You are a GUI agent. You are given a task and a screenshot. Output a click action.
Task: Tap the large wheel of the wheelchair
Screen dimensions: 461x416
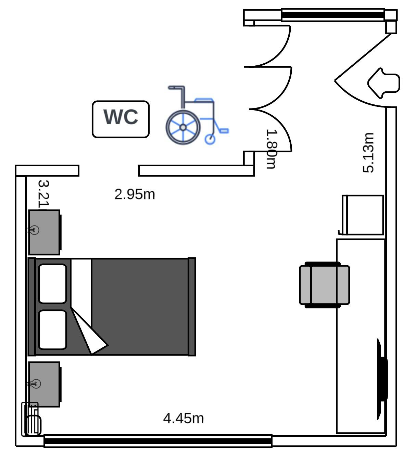[x=183, y=127]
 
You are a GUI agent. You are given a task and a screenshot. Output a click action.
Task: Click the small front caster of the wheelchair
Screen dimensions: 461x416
[x=210, y=139]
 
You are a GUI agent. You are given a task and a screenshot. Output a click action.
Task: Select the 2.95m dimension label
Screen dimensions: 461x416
[x=135, y=194]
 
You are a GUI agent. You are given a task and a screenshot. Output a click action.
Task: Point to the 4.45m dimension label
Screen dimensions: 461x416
[x=183, y=418]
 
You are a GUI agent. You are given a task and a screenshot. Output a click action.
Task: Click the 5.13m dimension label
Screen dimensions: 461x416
[x=368, y=153]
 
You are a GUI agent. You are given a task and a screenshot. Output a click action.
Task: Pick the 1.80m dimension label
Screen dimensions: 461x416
[x=271, y=149]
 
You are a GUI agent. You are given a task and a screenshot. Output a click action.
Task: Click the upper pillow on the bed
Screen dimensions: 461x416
[x=52, y=284]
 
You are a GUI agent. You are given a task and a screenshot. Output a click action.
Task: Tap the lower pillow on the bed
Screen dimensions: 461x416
[x=52, y=330]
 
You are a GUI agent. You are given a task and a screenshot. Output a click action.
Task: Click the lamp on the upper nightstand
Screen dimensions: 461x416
[x=34, y=230]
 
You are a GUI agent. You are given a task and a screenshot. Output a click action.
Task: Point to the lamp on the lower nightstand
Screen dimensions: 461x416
[x=34, y=384]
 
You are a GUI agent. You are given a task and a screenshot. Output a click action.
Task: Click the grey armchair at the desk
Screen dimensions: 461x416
[x=324, y=285]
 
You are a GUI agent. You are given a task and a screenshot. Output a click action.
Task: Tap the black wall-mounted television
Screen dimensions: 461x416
[x=382, y=379]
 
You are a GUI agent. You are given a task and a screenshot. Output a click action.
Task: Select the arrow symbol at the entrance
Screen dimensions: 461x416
[x=384, y=82]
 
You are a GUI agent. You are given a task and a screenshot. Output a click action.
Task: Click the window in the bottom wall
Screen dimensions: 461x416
[x=158, y=440]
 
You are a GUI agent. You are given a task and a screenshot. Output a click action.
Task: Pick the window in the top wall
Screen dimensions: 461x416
[x=332, y=15]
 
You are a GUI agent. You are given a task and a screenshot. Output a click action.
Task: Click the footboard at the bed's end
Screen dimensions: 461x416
[x=192, y=307]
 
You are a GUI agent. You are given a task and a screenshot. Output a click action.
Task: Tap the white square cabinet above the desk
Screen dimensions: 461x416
[x=363, y=215]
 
